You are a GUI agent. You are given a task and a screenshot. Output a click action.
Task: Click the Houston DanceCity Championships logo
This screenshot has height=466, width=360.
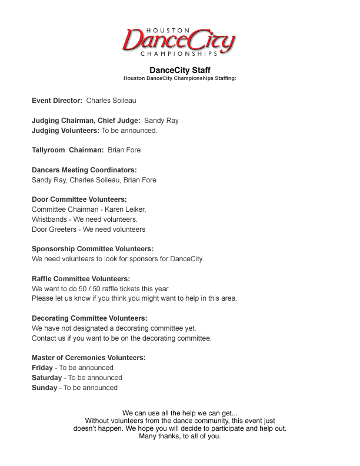click(179, 41)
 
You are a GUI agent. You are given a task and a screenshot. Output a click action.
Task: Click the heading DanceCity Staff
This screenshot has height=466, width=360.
click(180, 70)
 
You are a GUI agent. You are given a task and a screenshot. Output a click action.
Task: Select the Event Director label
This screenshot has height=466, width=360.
click(57, 101)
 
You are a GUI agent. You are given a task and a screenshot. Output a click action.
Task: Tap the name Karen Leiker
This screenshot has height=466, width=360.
click(125, 209)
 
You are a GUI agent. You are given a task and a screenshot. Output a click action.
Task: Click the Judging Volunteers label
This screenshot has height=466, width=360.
click(65, 131)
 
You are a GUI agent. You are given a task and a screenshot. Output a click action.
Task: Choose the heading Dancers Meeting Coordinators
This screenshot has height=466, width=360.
click(84, 170)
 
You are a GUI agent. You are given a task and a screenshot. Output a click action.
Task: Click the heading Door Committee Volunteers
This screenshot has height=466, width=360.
click(79, 199)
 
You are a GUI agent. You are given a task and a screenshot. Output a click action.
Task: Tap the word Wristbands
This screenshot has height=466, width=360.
click(50, 219)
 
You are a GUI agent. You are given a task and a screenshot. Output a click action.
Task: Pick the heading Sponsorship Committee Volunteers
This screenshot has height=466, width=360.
click(92, 249)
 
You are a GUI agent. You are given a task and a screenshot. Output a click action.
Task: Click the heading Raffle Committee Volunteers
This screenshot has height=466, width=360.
click(81, 279)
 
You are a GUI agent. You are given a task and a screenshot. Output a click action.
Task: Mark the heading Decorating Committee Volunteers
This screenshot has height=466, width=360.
click(89, 318)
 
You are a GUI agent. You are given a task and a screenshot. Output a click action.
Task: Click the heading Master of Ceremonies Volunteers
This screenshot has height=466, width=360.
click(89, 358)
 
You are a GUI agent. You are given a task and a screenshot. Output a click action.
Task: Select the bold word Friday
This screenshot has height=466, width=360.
click(42, 368)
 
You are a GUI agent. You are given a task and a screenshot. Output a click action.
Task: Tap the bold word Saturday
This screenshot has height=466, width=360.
click(46, 378)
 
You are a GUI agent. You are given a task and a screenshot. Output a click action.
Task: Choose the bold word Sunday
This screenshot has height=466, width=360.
click(45, 388)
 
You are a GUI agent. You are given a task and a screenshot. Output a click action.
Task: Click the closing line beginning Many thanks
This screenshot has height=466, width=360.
click(180, 437)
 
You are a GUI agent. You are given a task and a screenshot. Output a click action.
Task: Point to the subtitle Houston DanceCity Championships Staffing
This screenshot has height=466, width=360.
click(180, 78)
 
